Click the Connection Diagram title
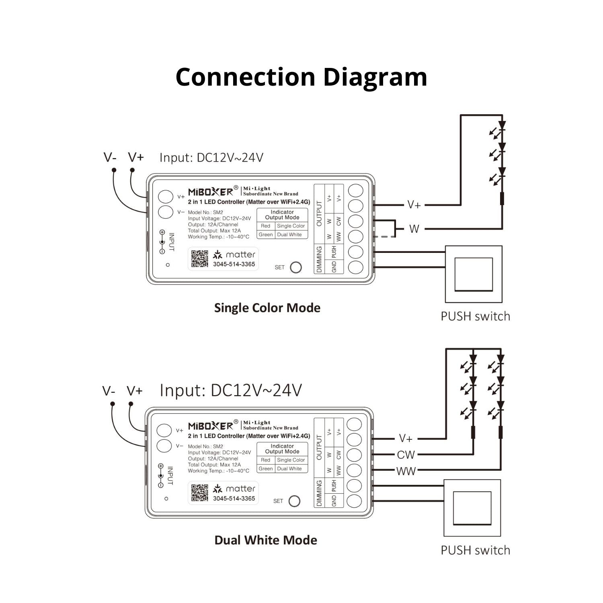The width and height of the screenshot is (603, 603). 301,77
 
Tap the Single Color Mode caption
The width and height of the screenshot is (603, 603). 267,308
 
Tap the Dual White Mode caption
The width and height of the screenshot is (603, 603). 265,540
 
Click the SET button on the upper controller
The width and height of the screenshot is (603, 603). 295,267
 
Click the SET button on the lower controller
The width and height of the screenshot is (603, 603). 294,501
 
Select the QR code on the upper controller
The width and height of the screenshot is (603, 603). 199,258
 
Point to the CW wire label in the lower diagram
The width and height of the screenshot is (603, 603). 406,455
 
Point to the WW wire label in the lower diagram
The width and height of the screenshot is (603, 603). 406,471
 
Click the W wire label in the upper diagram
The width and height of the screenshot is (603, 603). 414,229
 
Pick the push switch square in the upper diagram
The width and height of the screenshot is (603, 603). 474,274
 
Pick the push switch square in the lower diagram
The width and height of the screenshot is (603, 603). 472,508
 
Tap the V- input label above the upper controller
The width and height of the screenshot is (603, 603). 110,157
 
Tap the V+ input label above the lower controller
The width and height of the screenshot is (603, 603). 135,391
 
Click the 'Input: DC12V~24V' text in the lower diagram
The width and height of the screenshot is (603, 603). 231,390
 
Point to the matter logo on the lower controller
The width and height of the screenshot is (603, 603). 235,489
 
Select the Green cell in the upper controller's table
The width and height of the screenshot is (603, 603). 266,235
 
